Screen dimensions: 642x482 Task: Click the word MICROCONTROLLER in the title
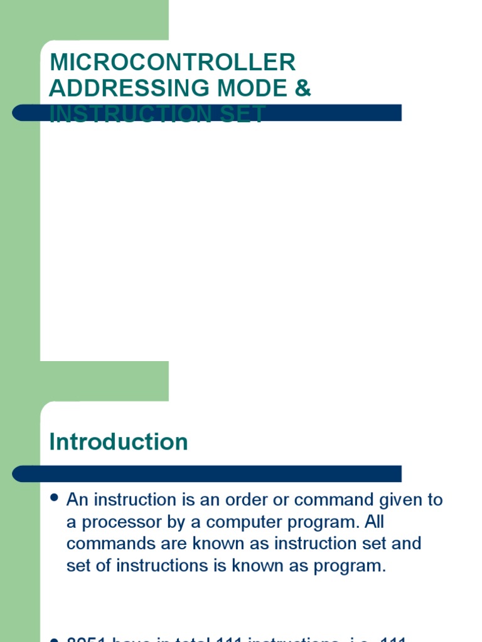click(172, 63)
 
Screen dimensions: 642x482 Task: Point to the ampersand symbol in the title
click(303, 88)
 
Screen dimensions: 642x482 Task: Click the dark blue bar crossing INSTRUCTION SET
click(339, 113)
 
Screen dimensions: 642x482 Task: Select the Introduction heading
click(119, 442)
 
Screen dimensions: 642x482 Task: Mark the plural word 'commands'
click(103, 544)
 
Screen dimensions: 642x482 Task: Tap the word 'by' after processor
click(178, 522)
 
